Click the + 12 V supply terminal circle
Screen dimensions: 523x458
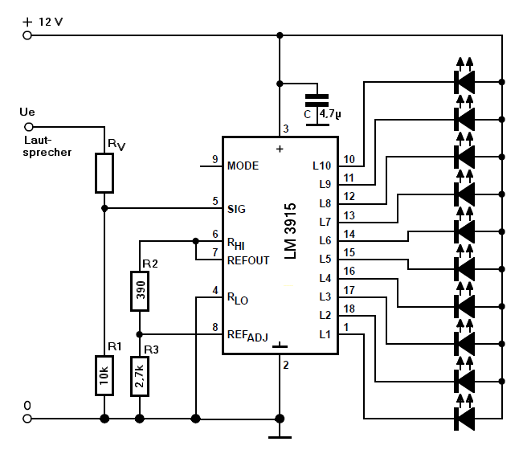click(27, 35)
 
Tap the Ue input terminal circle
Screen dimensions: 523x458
click(29, 127)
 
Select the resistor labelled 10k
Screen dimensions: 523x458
click(104, 375)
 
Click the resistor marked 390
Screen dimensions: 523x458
click(140, 291)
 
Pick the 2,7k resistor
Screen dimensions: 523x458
click(140, 376)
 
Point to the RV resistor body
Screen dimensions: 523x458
click(104, 173)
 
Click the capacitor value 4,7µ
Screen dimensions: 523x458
click(330, 114)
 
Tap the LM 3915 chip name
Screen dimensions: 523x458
click(290, 231)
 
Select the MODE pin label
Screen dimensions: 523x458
click(243, 166)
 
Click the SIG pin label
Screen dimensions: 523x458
click(236, 209)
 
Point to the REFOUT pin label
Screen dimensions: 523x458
click(248, 260)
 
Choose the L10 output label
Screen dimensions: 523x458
click(322, 166)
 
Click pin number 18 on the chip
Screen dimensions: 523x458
click(349, 309)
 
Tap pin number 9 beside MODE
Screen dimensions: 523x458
click(215, 159)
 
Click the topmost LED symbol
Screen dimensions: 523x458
click(464, 76)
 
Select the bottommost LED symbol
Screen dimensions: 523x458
click(464, 413)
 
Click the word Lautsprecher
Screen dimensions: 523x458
click(47, 146)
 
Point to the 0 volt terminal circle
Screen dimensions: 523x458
click(27, 419)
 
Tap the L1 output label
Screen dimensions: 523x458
click(325, 334)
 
